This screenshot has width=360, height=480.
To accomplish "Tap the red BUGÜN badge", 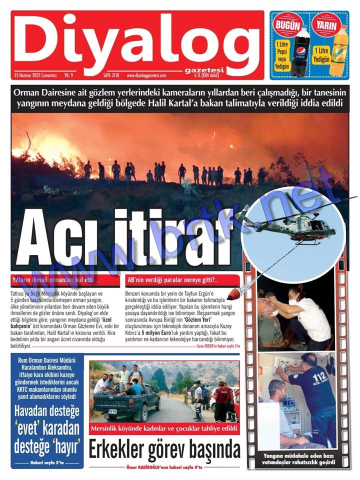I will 287,25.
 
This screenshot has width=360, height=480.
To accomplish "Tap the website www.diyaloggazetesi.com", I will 146,75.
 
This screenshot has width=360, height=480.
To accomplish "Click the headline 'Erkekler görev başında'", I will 164,450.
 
